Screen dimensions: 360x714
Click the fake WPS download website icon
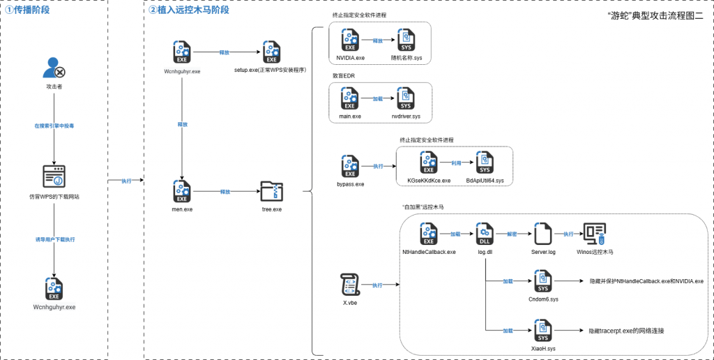point(54,177)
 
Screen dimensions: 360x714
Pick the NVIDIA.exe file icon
point(349,39)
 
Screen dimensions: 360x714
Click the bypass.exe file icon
point(349,167)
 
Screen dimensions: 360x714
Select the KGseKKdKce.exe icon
point(428,163)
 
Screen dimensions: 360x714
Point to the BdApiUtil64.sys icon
point(484,163)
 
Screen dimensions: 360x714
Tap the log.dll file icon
point(485,233)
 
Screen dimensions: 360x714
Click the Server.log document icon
point(543,233)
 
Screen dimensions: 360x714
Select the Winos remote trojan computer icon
point(595,233)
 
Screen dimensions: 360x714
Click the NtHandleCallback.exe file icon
point(428,233)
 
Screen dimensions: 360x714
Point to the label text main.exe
point(349,117)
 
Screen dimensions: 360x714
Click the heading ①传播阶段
point(27,10)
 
